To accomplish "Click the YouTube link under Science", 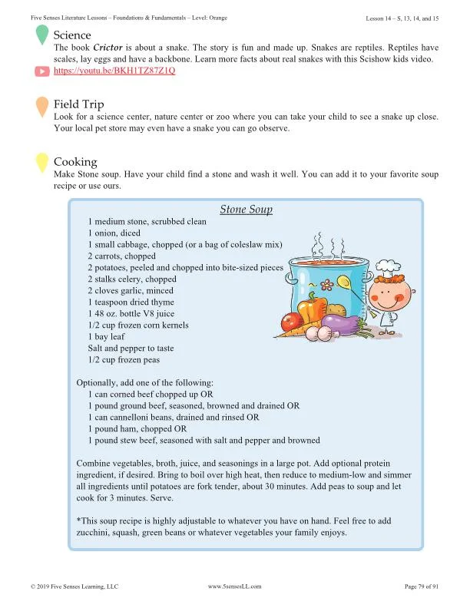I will tap(114, 70).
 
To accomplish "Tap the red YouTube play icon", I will tap(42, 71).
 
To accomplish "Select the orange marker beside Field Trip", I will tap(41, 107).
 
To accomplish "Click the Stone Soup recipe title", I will tap(246, 209).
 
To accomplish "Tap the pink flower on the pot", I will tap(329, 285).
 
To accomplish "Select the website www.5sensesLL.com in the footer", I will tap(235, 586).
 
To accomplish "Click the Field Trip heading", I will tap(79, 104).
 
